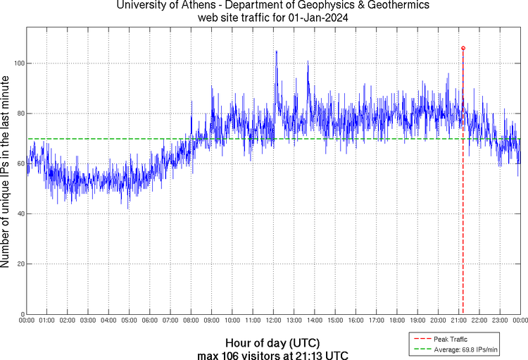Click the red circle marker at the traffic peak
(x=463, y=48)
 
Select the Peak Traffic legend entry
(x=450, y=340)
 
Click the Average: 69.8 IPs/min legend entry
(x=461, y=348)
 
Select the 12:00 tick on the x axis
(x=274, y=321)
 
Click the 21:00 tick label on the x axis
(x=460, y=321)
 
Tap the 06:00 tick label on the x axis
(x=150, y=321)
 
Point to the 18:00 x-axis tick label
(x=398, y=321)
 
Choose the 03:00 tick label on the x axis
(x=88, y=321)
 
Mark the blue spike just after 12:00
(x=276, y=52)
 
